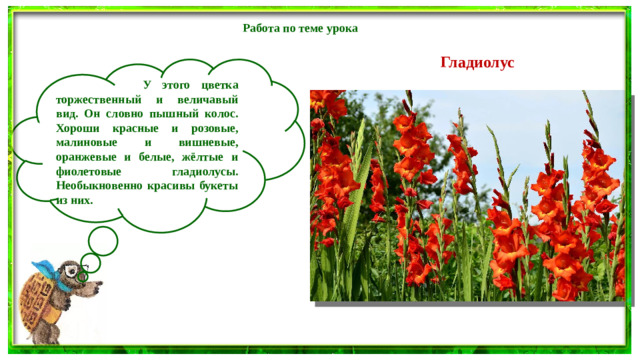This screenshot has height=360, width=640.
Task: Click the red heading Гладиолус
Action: click(x=477, y=62)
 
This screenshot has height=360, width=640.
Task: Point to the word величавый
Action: click(x=212, y=101)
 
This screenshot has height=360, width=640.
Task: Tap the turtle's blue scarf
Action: click(x=47, y=270)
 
